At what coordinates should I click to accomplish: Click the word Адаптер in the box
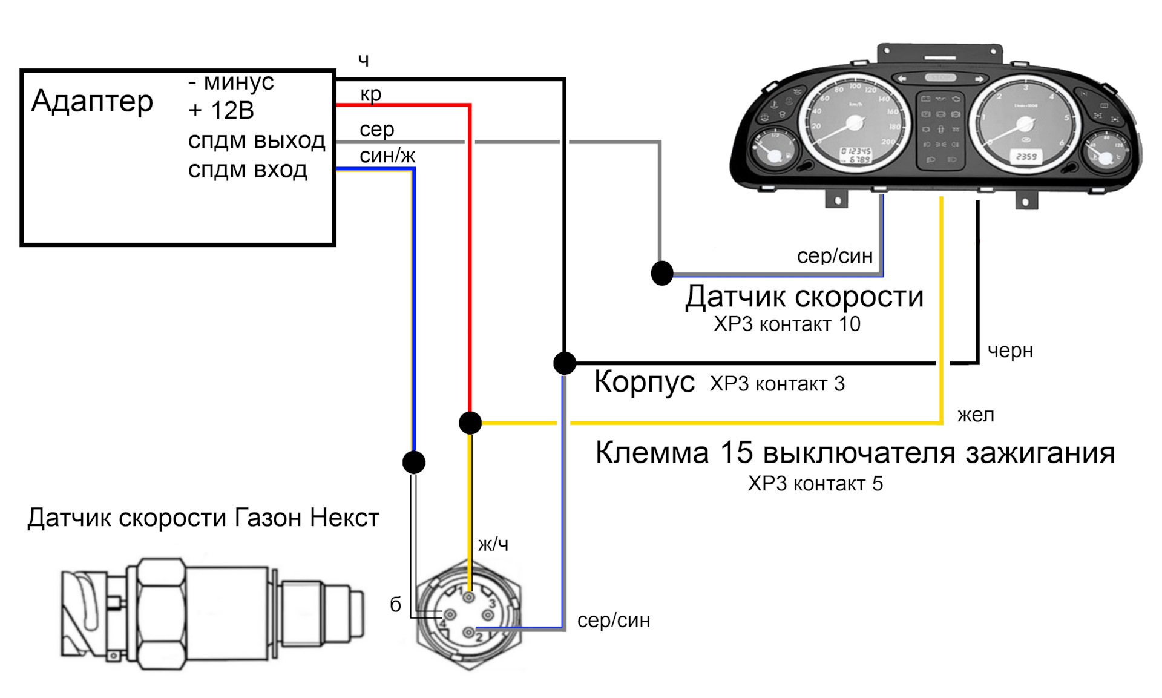click(92, 101)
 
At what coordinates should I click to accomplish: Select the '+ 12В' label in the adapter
click(221, 111)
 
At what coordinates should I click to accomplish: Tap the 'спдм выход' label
click(257, 140)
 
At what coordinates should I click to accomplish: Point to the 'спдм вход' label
click(248, 170)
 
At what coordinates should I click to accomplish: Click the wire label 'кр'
click(370, 94)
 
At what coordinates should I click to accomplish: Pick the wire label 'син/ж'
click(387, 156)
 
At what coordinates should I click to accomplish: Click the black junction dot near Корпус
click(565, 363)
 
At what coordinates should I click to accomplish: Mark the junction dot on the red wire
click(470, 423)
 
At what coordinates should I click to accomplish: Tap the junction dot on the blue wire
click(414, 463)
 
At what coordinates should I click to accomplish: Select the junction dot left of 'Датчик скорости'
click(662, 273)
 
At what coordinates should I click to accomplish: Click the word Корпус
click(644, 382)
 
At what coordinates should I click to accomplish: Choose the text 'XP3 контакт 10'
click(787, 324)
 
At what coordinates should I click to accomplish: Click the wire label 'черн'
click(1010, 351)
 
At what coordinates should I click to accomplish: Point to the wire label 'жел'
click(976, 415)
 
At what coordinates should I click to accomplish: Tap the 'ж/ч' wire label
click(493, 544)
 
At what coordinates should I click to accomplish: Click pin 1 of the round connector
click(469, 598)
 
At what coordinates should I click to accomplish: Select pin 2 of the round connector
click(468, 633)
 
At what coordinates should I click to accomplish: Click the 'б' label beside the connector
click(395, 605)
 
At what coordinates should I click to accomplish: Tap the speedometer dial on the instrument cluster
click(854, 124)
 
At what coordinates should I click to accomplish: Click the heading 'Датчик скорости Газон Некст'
click(203, 518)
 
